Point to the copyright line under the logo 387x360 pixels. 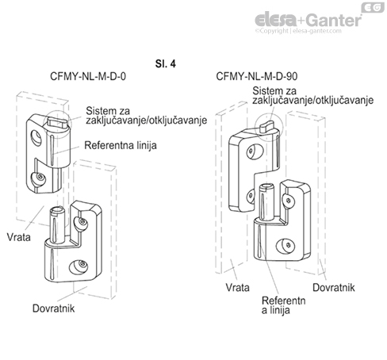[308, 33]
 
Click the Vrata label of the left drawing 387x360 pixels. [20, 236]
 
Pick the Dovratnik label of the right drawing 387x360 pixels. [334, 286]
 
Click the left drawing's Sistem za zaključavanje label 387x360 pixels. [142, 114]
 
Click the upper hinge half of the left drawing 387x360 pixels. [44, 151]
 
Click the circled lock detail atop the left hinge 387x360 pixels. [58, 119]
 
